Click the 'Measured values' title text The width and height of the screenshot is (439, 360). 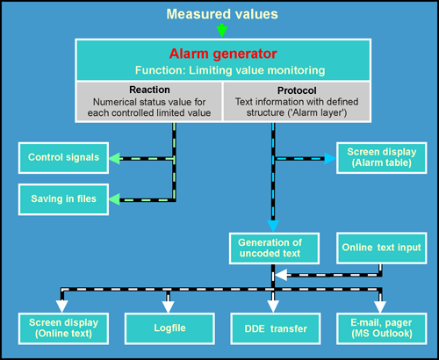click(222, 14)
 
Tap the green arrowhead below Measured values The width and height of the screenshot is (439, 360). click(222, 31)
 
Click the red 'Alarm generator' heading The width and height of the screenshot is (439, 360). click(223, 54)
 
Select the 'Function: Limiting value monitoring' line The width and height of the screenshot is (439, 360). click(230, 70)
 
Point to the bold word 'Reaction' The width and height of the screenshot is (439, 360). click(149, 90)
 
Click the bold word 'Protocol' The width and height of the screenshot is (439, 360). click(297, 90)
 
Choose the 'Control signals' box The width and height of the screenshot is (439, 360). click(63, 158)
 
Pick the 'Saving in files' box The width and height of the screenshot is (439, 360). click(63, 199)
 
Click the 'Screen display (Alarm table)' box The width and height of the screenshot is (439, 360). click(382, 158)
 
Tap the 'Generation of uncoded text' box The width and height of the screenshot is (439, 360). click(274, 248)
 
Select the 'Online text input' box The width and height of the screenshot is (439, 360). click(382, 248)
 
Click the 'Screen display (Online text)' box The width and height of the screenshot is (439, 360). click(63, 328)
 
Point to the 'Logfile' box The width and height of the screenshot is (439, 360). click(169, 328)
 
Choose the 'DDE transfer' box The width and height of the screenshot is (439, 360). click(276, 328)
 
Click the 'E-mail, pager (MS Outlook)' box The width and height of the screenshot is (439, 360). click(382, 328)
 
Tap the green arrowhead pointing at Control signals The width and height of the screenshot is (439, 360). click(114, 158)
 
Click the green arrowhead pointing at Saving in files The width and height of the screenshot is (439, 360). click(114, 199)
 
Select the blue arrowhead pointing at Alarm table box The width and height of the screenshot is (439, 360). click(330, 158)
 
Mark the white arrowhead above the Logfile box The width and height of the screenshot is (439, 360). click(169, 306)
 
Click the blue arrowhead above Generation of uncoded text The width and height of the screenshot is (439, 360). click(273, 227)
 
